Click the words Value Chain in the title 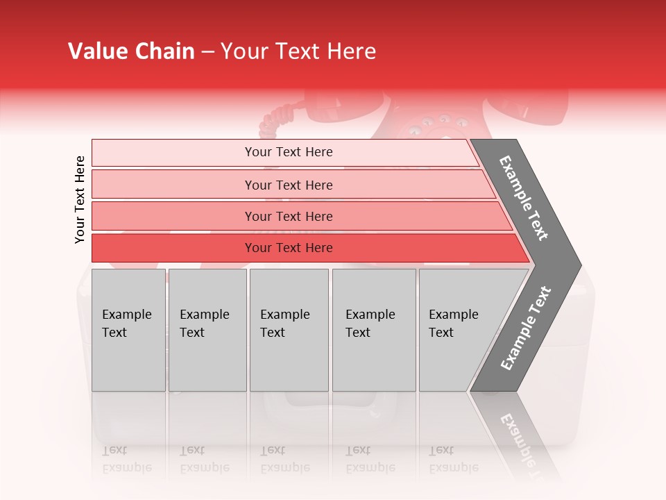point(131,51)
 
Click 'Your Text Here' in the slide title point(298,51)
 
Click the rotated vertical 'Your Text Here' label point(80,199)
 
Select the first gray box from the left point(128,330)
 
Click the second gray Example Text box point(207,330)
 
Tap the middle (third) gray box point(289,330)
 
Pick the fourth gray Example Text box point(374,330)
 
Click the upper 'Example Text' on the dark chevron point(524,198)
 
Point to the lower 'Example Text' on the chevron point(526,328)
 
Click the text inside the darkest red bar point(289,248)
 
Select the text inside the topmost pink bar point(289,152)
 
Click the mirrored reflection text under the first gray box point(127,459)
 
